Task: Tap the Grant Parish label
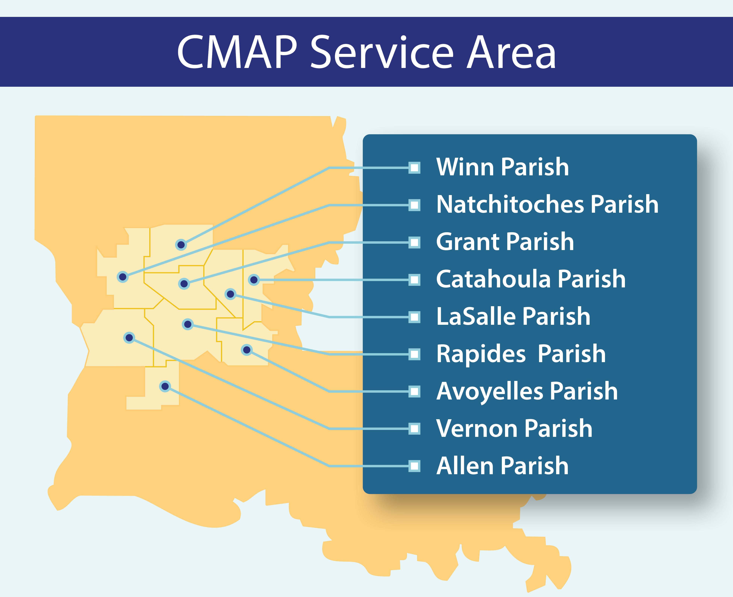(505, 242)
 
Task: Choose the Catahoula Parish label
(531, 279)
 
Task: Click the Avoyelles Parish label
(527, 391)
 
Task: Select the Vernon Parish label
(514, 429)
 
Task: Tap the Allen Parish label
(502, 466)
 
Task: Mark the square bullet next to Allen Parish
(415, 466)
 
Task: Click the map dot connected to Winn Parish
(181, 245)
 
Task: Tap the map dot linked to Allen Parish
(165, 386)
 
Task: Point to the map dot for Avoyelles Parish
(247, 350)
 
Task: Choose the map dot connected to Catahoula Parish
(254, 280)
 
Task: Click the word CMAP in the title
(237, 52)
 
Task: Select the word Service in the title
(382, 52)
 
